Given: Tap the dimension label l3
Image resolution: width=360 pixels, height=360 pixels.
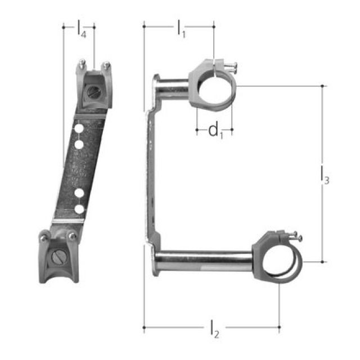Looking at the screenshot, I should [324, 175].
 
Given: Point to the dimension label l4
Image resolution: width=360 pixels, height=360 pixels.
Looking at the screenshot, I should [82, 30].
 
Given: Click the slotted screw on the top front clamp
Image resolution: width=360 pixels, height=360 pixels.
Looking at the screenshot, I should [93, 90].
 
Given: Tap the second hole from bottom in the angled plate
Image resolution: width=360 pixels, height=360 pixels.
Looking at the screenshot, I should [79, 193].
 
